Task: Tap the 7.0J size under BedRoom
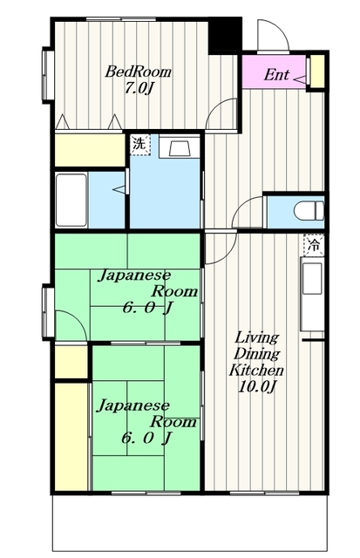coord(139,89)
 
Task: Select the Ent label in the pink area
coord(276,75)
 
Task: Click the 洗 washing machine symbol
coord(139,144)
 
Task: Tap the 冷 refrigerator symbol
coord(312,246)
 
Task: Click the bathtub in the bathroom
coord(71,199)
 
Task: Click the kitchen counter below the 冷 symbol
coord(312,296)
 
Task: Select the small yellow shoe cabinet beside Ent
coord(316,72)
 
